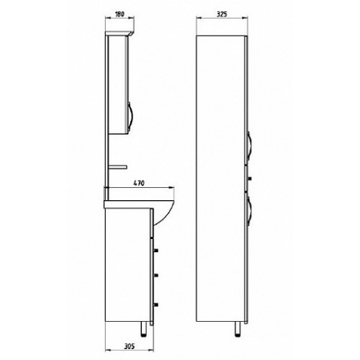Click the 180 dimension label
point(120,14)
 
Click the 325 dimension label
point(222,14)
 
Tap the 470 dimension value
point(139,184)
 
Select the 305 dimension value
point(130,346)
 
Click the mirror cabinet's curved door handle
point(130,117)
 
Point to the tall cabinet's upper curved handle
point(250,146)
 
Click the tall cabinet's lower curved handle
point(250,211)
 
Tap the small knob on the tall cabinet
point(250,179)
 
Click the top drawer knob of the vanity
point(156,251)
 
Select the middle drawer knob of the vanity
point(156,276)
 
